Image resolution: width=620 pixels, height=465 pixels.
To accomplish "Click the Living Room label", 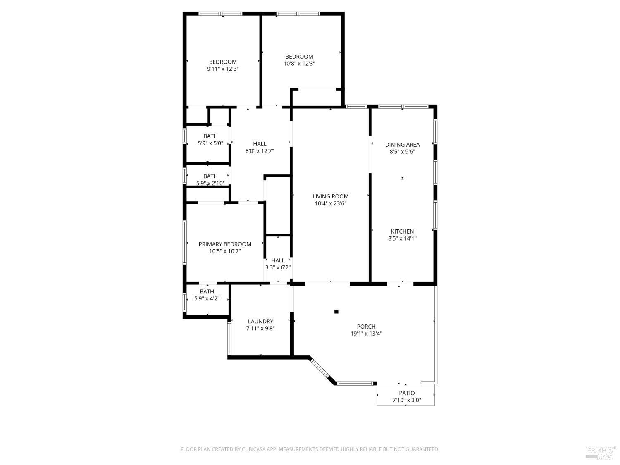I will (330, 196).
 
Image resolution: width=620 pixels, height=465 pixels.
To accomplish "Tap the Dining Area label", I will (402, 145).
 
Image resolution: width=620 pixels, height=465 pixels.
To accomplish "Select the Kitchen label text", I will (402, 231).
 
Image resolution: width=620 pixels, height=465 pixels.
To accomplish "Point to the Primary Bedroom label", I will (225, 244).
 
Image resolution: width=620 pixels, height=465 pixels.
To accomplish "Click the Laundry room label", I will (260, 321).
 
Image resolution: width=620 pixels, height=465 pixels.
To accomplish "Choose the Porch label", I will (366, 327).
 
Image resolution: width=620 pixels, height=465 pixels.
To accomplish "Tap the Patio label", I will (407, 393).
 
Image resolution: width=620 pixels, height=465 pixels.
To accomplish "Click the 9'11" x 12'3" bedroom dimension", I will (223, 69).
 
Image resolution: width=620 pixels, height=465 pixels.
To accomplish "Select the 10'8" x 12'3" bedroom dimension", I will (299, 64).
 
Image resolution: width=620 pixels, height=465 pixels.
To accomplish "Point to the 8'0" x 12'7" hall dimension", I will (260, 151).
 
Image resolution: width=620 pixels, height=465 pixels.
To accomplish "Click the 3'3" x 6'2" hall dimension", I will (278, 267).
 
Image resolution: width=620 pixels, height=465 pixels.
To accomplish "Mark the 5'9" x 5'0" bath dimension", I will (210, 143).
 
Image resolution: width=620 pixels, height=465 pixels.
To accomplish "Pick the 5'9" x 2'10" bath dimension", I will (210, 183).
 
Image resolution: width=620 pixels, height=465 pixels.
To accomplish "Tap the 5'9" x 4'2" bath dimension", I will (207, 298).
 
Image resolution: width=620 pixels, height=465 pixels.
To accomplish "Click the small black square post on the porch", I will (336, 312).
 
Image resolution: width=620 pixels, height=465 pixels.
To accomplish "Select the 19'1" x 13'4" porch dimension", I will (366, 334).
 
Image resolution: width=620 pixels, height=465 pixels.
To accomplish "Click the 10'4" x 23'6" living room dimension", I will (330, 203).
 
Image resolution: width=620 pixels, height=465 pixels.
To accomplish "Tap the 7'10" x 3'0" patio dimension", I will (407, 400).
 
